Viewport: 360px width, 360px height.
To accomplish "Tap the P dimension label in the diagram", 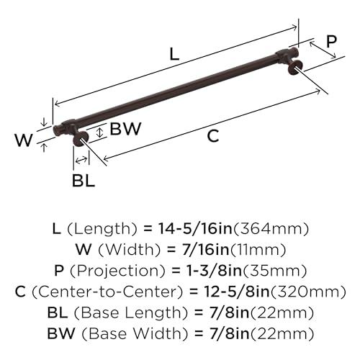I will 331,42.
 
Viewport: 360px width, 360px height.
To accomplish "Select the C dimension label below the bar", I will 212,137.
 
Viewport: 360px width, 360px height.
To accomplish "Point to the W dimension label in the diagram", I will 23,140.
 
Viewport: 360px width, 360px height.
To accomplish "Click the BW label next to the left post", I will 126,130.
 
